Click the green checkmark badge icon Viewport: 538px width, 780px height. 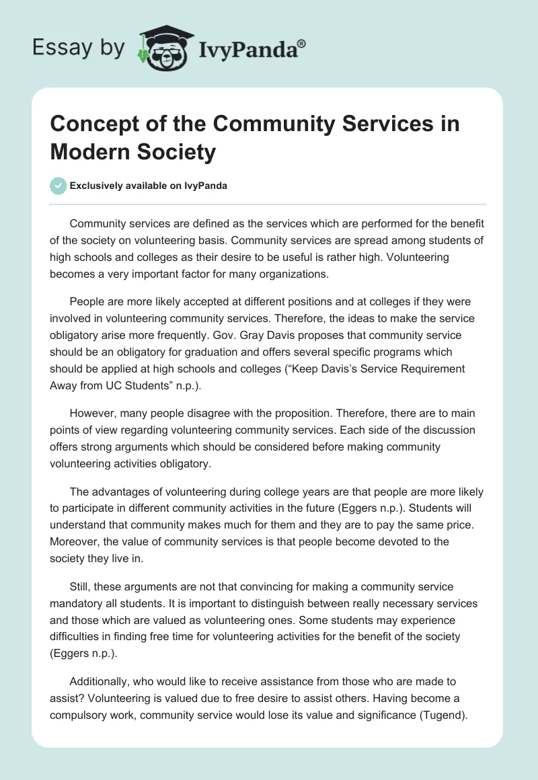coord(59,186)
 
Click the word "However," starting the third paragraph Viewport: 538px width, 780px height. coord(93,412)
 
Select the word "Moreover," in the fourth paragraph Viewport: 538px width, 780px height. coord(75,541)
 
